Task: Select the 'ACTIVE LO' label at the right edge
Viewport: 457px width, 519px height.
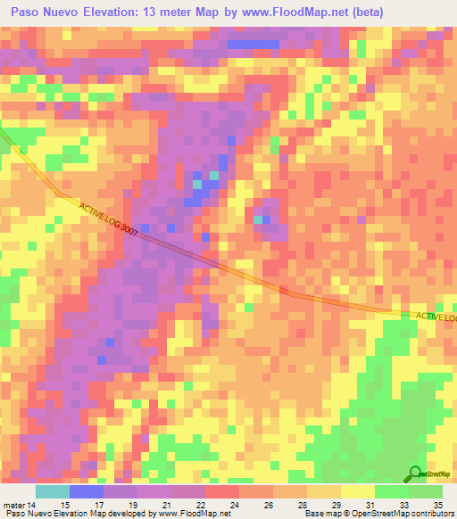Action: coord(436,317)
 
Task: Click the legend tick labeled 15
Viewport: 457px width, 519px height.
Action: coord(65,506)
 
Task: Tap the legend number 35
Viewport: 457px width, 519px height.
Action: coord(436,506)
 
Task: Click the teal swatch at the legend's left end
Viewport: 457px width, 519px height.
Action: coord(52,491)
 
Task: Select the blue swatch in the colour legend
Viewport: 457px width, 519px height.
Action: coord(86,491)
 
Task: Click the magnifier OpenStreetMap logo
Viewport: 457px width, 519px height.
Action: coord(415,474)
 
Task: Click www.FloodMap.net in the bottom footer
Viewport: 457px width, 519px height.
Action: coord(193,515)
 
